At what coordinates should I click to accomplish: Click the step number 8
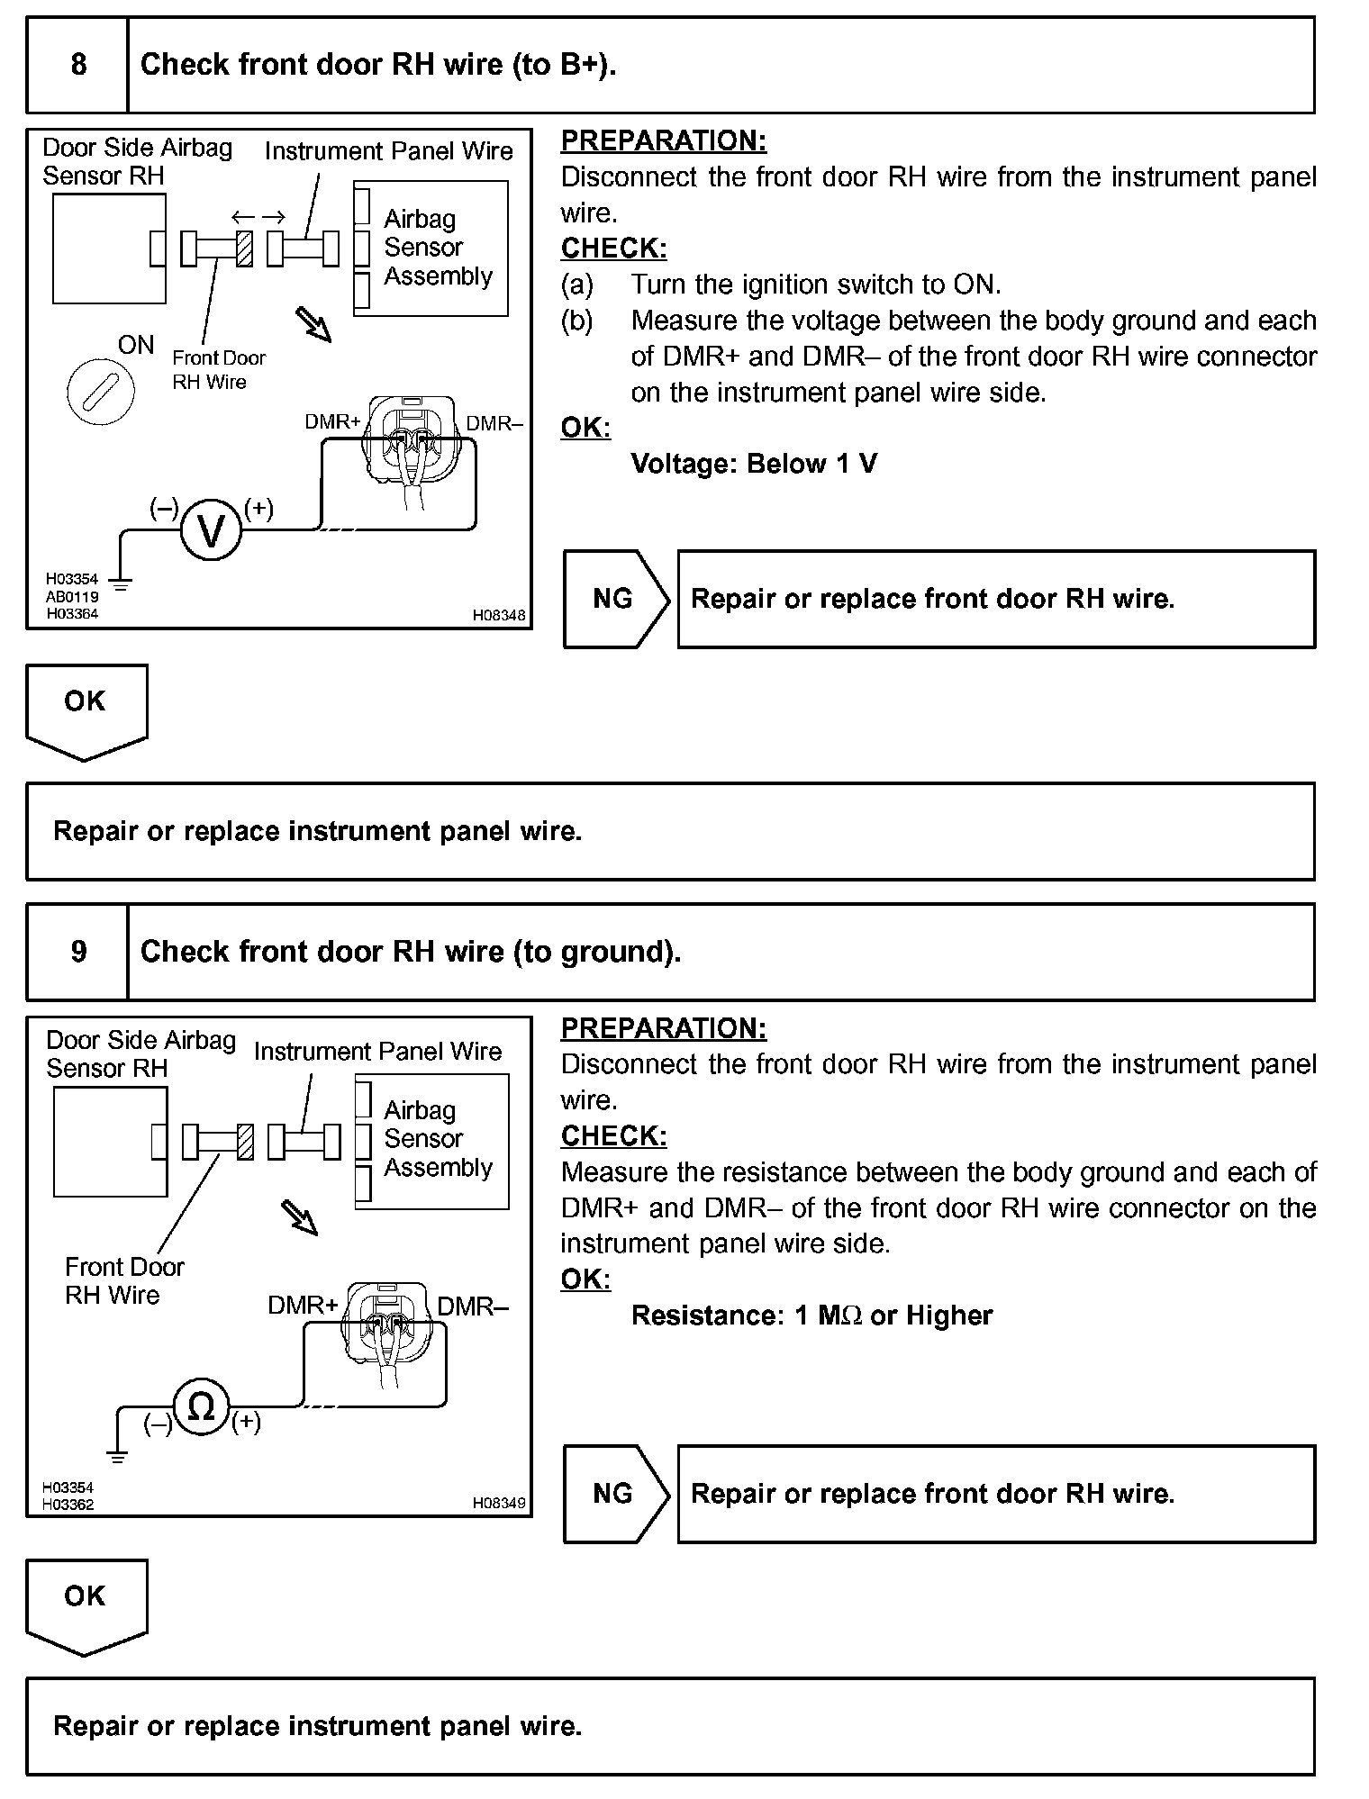click(x=78, y=65)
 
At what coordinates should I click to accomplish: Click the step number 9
click(x=78, y=952)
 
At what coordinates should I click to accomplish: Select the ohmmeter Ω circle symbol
click(x=201, y=1406)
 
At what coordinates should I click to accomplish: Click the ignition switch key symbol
click(x=101, y=393)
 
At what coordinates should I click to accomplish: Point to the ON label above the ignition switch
click(x=136, y=345)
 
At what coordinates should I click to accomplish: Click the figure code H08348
click(x=499, y=616)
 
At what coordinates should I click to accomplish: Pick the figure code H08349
click(x=499, y=1503)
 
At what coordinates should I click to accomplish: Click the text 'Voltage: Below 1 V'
click(x=754, y=464)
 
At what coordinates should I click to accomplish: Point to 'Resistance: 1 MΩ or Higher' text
click(x=811, y=1315)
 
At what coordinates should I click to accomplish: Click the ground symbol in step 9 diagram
click(x=117, y=1456)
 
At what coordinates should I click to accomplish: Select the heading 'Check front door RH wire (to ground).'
click(x=411, y=952)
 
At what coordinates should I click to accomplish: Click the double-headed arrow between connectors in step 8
click(x=258, y=217)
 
